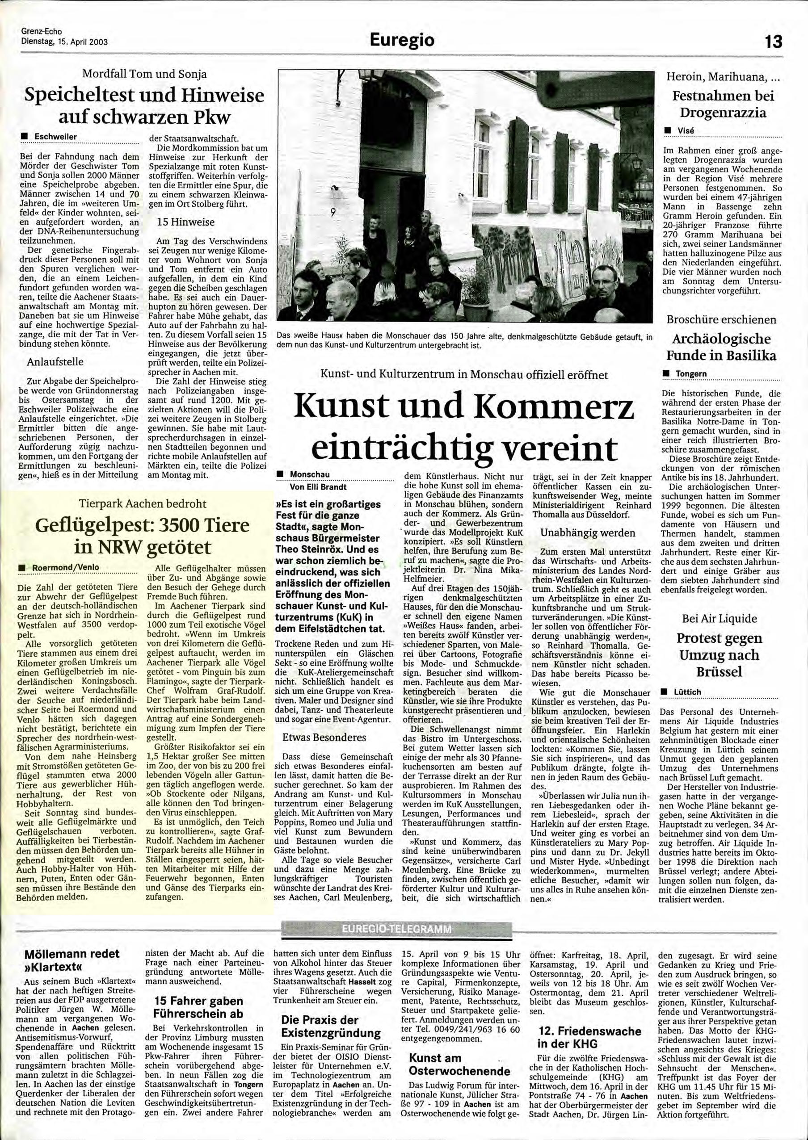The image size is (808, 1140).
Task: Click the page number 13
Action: pyautogui.click(x=773, y=41)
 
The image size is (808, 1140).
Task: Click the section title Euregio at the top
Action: pyautogui.click(x=403, y=40)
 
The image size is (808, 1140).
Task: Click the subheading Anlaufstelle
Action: pyautogui.click(x=55, y=361)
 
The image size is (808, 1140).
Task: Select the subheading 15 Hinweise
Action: pyautogui.click(x=185, y=222)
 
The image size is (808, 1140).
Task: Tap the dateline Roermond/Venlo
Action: pyautogui.click(x=66, y=567)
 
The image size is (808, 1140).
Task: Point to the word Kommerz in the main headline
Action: pyautogui.click(x=555, y=406)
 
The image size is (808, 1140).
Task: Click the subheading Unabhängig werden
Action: pyautogui.click(x=587, y=532)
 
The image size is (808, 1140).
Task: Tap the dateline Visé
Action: pyautogui.click(x=686, y=130)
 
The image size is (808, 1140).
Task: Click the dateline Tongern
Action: pyautogui.click(x=691, y=373)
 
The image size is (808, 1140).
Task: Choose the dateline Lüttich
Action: pyautogui.click(x=687, y=692)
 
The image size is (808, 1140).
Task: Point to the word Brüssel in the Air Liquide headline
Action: pyautogui.click(x=720, y=671)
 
